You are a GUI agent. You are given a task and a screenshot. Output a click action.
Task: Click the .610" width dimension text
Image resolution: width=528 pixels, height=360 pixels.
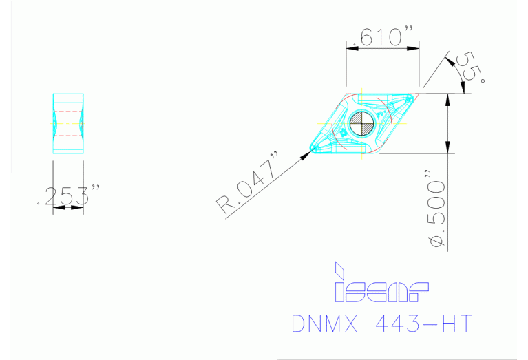(x=382, y=38)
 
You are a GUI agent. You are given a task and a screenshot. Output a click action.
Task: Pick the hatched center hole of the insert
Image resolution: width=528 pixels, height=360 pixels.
(x=361, y=125)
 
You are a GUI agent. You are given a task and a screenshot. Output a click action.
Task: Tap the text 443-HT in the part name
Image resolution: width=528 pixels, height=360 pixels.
(x=424, y=323)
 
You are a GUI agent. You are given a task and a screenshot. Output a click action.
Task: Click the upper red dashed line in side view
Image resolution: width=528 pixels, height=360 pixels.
(x=67, y=111)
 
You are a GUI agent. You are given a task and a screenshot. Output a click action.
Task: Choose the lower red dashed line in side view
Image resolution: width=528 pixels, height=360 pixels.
(x=67, y=136)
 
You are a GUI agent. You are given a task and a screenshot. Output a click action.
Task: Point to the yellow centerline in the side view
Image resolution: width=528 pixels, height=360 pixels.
(x=67, y=123)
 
